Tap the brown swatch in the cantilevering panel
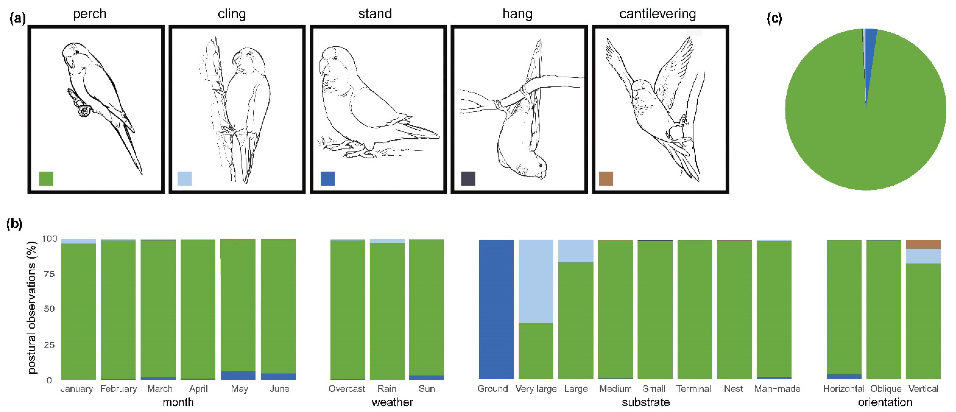point(606,178)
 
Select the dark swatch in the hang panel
point(468,178)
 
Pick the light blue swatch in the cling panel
point(184,178)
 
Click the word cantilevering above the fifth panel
point(657,14)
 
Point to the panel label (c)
point(774,19)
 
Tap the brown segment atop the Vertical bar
point(923,244)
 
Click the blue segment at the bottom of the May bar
point(238,375)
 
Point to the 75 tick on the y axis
point(49,274)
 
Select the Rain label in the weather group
point(387,389)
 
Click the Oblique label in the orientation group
point(885,389)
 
